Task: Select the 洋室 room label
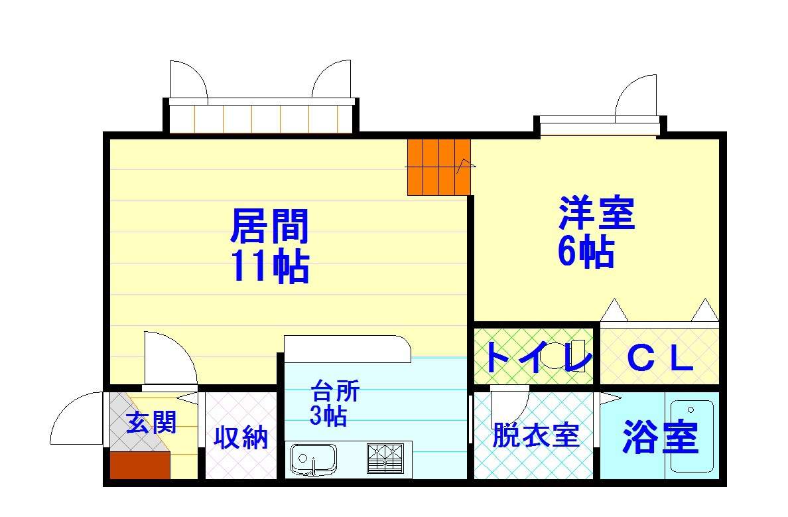[597, 213]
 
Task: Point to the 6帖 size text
[586, 250]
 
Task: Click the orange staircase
[438, 167]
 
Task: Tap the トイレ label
[537, 357]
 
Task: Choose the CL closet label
[660, 359]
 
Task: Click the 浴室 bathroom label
[661, 436]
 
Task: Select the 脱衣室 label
[536, 435]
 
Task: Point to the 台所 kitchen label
[336, 391]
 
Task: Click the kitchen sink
[313, 459]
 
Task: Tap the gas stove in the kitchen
[385, 458]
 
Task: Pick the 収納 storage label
[241, 437]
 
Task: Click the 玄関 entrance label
[151, 422]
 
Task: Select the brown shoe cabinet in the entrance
[140, 465]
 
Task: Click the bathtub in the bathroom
[692, 436]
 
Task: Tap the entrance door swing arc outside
[63, 410]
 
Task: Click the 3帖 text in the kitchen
[328, 415]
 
